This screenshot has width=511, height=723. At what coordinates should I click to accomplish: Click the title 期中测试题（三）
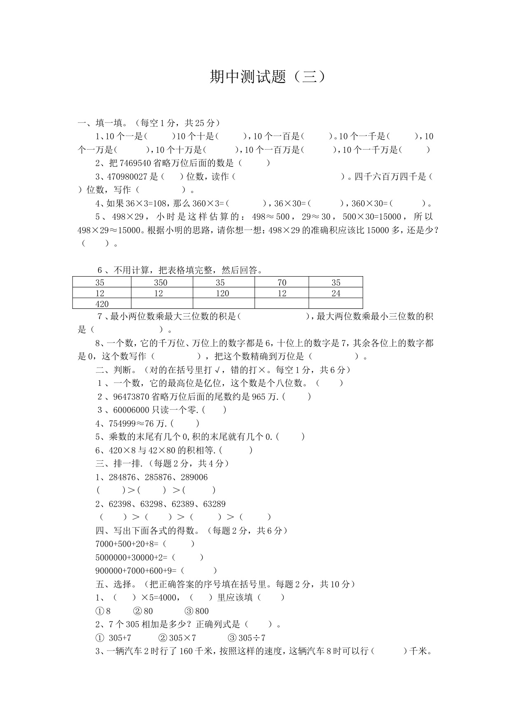click(x=268, y=77)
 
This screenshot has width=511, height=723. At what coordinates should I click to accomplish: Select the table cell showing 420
click(x=102, y=304)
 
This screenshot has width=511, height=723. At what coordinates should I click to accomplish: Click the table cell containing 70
click(x=282, y=282)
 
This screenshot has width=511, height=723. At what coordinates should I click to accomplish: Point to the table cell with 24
click(x=336, y=293)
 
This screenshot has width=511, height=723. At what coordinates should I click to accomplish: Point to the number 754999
click(x=122, y=423)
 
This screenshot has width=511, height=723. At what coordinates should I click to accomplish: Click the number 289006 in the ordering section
click(x=194, y=477)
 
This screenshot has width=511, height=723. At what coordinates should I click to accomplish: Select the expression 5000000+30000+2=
click(x=131, y=558)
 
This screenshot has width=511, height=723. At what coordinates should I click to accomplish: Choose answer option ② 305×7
click(x=177, y=638)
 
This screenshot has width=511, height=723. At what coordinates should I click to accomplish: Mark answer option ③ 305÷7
click(x=247, y=638)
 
